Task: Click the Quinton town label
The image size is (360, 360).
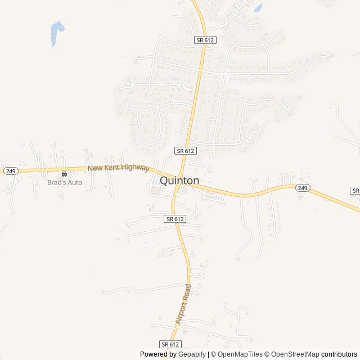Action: coord(179,181)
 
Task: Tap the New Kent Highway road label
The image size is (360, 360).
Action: coord(119,168)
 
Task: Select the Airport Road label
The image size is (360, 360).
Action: coord(184,303)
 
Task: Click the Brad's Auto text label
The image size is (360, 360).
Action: coord(64,182)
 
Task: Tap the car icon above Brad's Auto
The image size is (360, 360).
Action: coord(64,174)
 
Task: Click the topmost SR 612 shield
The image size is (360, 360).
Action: coord(205,40)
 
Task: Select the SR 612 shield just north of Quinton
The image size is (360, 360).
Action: coord(185,151)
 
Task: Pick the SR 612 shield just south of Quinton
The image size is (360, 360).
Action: coord(175,218)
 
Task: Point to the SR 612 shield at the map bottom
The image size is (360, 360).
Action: coord(170,344)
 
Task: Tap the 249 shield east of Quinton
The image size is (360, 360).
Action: coord(302,188)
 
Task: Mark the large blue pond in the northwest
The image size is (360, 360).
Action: coord(57,33)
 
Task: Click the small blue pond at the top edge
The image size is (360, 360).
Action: coord(258,8)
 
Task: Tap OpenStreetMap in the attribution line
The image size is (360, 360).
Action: coord(296,354)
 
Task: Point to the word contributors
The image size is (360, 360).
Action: coord(339,354)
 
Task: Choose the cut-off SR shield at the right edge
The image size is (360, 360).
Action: coord(355,191)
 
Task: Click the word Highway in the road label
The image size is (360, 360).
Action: coord(136,168)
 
